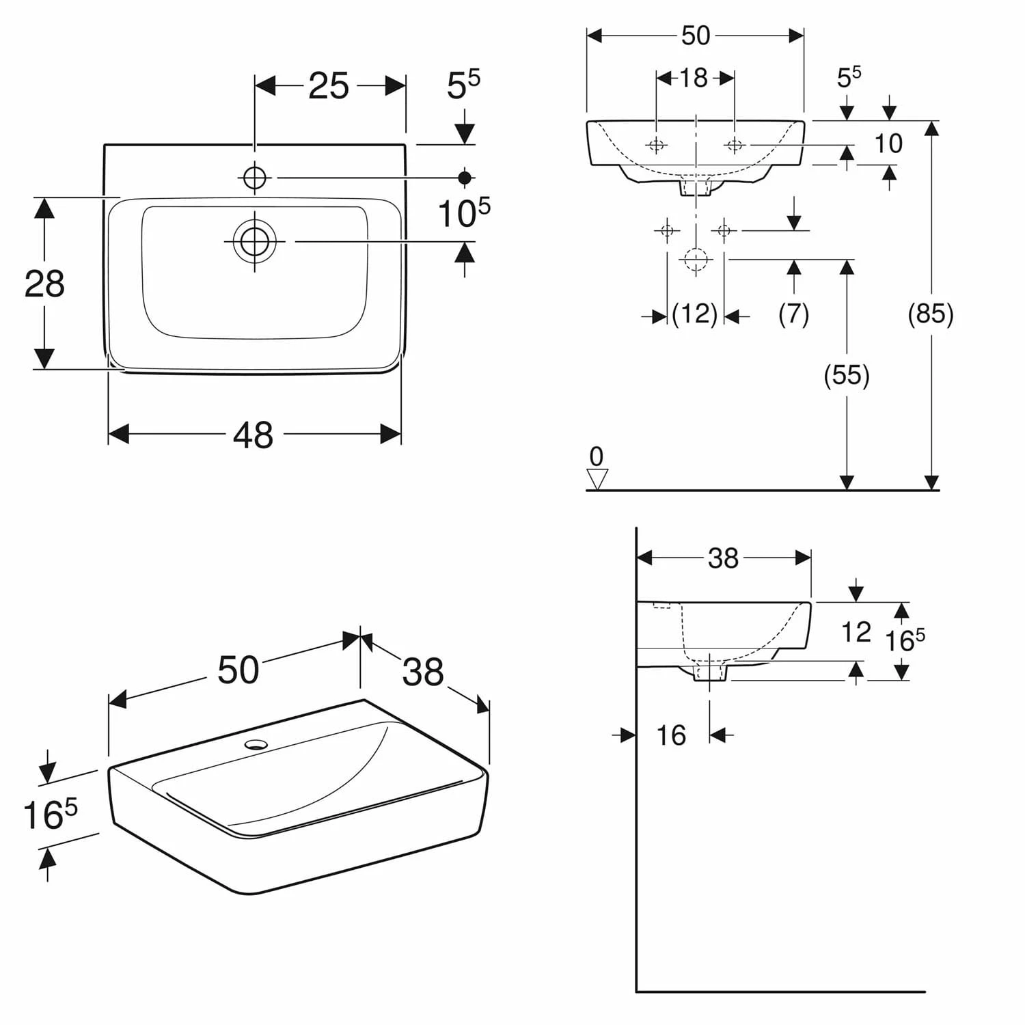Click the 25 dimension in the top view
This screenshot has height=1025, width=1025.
click(328, 86)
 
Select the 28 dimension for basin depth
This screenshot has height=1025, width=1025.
click(44, 284)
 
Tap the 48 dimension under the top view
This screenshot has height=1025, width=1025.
click(253, 435)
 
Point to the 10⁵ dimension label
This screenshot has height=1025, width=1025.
click(463, 214)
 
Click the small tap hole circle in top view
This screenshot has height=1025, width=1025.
click(254, 178)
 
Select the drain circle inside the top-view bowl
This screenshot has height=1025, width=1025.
click(255, 241)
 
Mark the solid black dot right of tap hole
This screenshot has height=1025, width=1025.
click(465, 178)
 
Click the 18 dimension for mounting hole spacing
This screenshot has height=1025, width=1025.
click(694, 78)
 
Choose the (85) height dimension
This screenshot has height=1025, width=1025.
click(930, 314)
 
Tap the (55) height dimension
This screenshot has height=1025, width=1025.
click(846, 375)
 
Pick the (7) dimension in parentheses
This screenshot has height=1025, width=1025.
click(793, 314)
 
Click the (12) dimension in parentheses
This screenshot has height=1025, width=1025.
click(694, 314)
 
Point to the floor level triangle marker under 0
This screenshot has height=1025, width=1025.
click(597, 480)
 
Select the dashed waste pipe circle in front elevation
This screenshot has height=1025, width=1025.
click(696, 260)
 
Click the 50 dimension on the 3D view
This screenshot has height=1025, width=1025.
click(238, 670)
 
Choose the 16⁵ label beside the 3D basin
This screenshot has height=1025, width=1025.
click(50, 815)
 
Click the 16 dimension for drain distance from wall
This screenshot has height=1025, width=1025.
click(670, 735)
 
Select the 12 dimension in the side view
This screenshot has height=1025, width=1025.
click(856, 632)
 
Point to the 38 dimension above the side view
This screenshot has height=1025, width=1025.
click(723, 558)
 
